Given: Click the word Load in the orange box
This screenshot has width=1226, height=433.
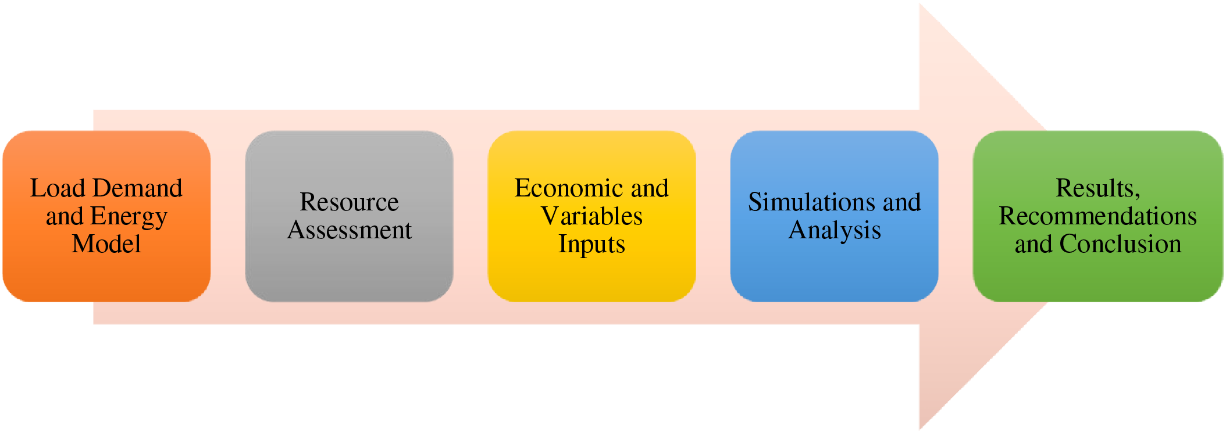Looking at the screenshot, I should point(58,188).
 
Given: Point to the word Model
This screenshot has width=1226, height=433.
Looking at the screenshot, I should point(106,244).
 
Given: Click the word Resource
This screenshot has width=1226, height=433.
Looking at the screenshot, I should point(349,202).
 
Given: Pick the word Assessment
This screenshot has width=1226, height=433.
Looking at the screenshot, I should point(349,230).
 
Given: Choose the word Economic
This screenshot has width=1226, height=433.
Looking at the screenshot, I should point(568,188).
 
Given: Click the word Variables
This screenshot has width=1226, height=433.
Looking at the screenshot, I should point(591,216).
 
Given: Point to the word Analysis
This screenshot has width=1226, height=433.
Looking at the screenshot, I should point(834,231).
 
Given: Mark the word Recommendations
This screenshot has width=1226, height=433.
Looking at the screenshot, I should point(1097,216).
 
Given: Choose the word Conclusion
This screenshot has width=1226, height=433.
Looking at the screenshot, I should point(1120,244).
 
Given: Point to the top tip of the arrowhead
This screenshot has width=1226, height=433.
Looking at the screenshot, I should point(921,5).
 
